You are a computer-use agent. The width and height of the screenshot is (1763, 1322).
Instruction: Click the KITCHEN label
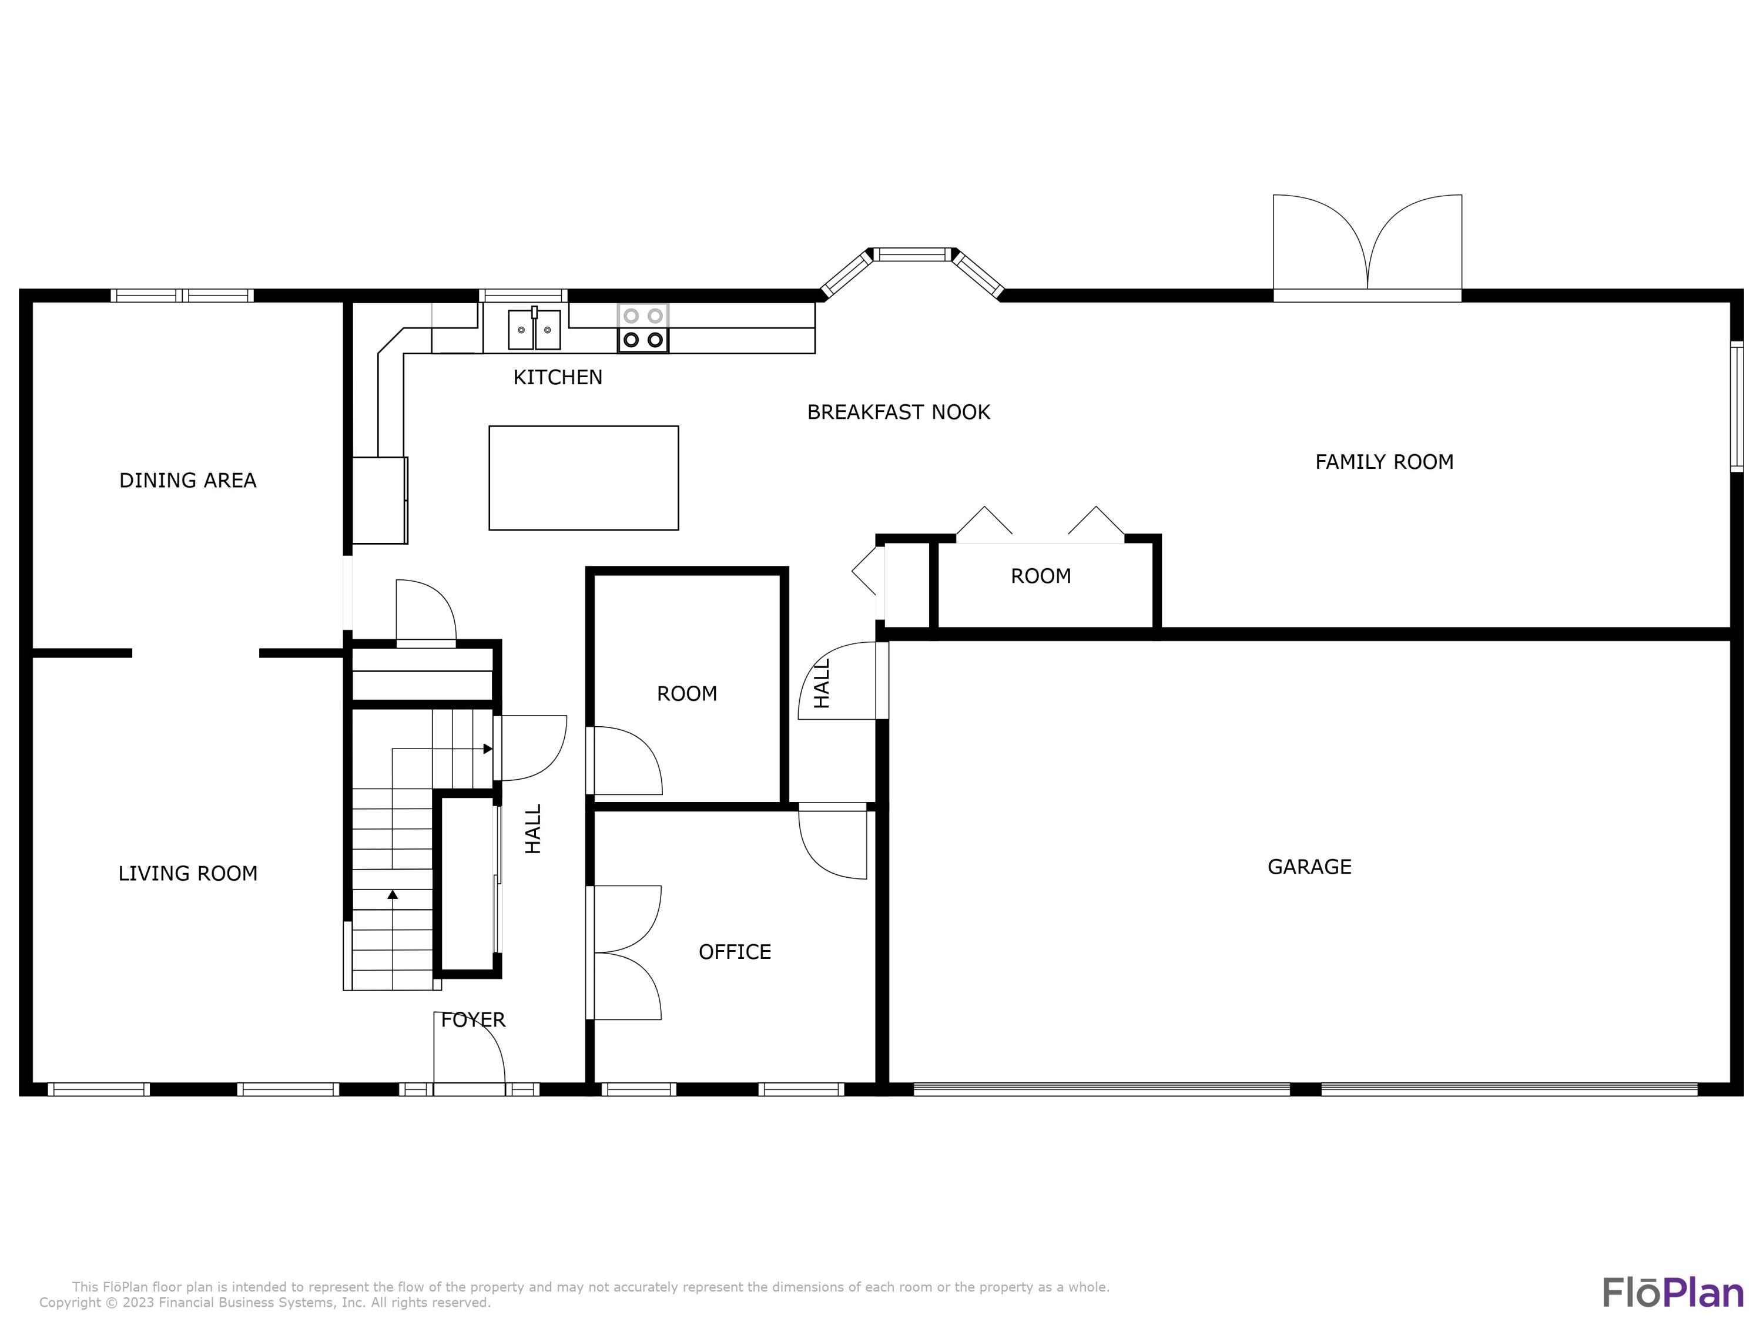coord(558,377)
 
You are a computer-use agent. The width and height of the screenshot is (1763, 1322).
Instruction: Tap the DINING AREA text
coord(188,481)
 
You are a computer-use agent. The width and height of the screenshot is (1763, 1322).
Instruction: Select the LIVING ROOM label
coord(188,873)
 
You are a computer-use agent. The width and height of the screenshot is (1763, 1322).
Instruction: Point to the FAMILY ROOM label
coord(1385,462)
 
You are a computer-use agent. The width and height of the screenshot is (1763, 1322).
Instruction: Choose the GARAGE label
coord(1309,867)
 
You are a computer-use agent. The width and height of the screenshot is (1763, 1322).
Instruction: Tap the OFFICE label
coord(735,952)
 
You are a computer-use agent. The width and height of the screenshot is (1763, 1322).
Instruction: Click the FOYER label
coord(474,1020)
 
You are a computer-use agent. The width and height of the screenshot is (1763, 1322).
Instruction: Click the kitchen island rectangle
coord(584,478)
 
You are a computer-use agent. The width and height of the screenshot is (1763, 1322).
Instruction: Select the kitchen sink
coord(534,329)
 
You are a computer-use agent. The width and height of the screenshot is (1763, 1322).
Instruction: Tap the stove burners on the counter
coord(642,327)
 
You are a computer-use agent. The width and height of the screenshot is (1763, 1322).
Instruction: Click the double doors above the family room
coord(1367,247)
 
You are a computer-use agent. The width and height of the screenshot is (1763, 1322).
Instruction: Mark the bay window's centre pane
coord(913,255)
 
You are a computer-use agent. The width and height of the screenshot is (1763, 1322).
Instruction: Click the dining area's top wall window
coord(182,296)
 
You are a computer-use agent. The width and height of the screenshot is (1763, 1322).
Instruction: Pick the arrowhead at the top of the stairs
coord(488,749)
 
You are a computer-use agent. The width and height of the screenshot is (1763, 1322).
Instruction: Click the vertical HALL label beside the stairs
coord(533,828)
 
